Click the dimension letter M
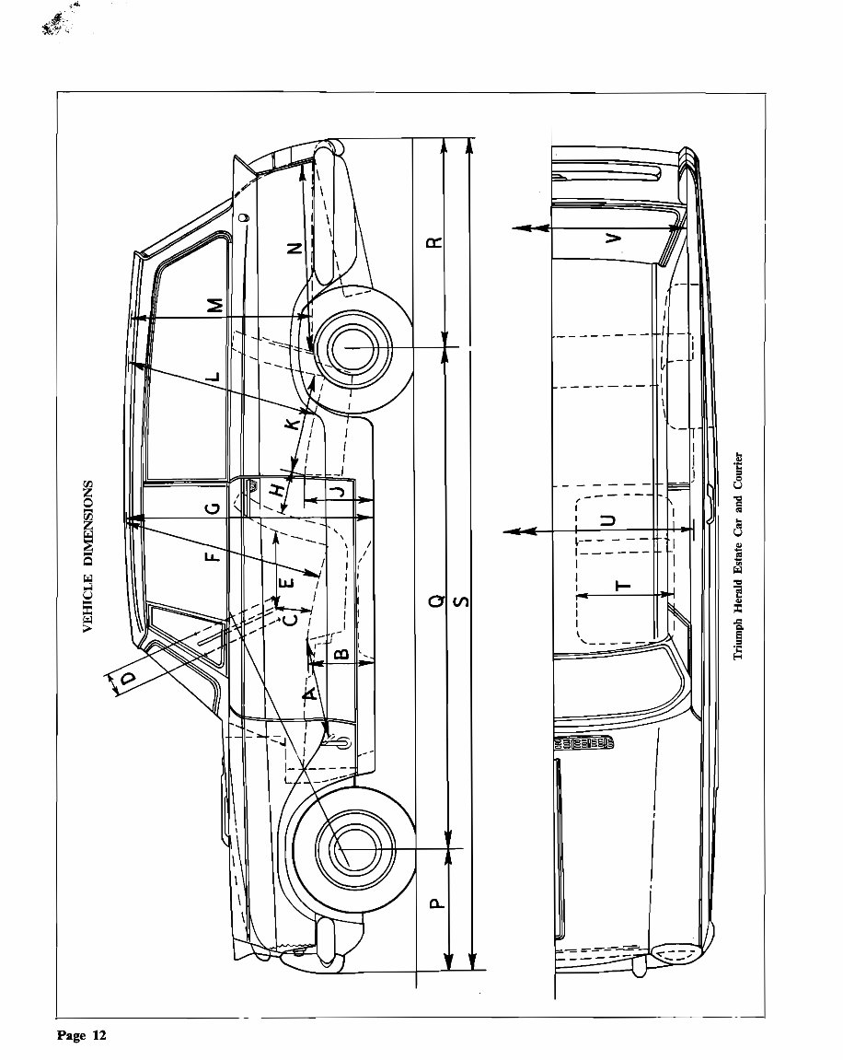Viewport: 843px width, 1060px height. tap(214, 305)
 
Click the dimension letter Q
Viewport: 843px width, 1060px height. tap(437, 601)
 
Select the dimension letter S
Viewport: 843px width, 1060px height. tap(463, 601)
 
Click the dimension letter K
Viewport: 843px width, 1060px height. tap(293, 425)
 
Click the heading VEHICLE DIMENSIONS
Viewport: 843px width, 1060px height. tap(89, 556)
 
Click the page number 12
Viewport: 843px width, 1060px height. tap(82, 1036)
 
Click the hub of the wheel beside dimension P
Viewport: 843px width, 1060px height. tap(347, 847)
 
